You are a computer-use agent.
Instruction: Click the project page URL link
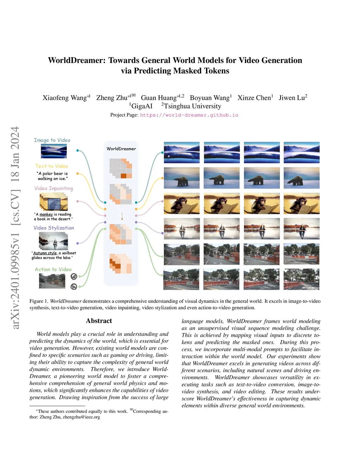pos(189,115)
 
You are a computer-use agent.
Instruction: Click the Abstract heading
pos(99,321)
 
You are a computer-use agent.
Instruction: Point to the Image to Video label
pos(52,140)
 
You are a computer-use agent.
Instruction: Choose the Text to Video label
pos(52,166)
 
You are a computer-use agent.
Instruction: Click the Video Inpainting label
pos(54,188)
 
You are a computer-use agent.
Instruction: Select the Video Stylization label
pos(54,228)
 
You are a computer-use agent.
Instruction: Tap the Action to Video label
pos(53,269)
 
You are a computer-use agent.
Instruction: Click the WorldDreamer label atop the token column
pos(121,149)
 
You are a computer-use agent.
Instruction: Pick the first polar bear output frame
pos(181,178)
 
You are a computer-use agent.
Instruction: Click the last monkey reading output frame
pos(302,203)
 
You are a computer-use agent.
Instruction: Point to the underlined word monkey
pos(46,214)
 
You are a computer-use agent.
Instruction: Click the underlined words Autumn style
pos(45,253)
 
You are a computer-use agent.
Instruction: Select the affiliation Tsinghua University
pos(192,106)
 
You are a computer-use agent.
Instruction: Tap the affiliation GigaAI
pos(142,106)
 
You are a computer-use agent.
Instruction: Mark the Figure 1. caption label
pos(39,301)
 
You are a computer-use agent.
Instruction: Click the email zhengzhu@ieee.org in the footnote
pos(81,417)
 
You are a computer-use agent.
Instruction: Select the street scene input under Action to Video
pos(52,281)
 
